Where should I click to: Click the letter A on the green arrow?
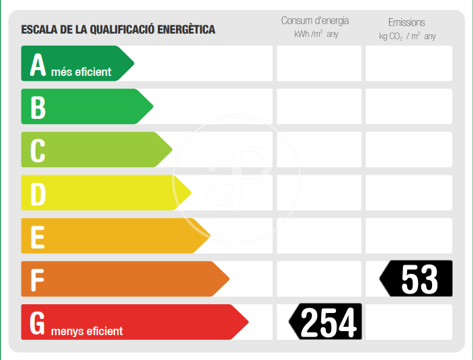pos(38,65)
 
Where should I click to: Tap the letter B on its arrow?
pos(38,107)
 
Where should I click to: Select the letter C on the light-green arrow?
pos(38,150)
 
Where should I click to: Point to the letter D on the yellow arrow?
pos(38,193)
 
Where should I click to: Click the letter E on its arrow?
pos(38,236)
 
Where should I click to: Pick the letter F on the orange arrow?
pos(38,279)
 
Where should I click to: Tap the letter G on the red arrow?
pos(38,323)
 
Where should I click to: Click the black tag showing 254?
pos(326,322)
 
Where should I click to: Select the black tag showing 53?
pos(417,279)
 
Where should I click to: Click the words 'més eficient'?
pos(81,71)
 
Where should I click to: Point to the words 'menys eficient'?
pos(87,330)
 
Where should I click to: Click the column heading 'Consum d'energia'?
pos(315,21)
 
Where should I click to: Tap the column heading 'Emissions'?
pos(406,22)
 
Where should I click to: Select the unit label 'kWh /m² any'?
pos(316,34)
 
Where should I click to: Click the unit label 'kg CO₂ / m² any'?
pos(407,36)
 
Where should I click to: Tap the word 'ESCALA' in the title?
pos(38,30)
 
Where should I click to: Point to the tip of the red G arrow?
pos(247,322)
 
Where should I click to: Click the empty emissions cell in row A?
pos(408,63)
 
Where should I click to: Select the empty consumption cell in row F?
pos(319,279)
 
